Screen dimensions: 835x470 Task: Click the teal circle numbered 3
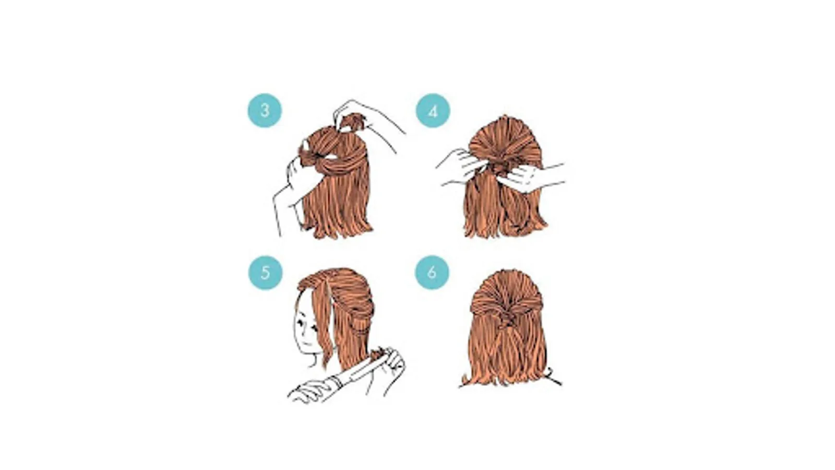[x=265, y=110]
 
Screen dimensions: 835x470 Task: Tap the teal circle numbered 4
[x=433, y=111]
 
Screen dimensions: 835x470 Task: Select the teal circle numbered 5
[x=265, y=273]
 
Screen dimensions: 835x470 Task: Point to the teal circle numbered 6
[x=432, y=272]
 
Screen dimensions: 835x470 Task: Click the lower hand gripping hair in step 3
[x=298, y=179]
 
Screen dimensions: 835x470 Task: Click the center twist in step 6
[x=505, y=317]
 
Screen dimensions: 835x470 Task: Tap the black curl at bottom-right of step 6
[x=554, y=377]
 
